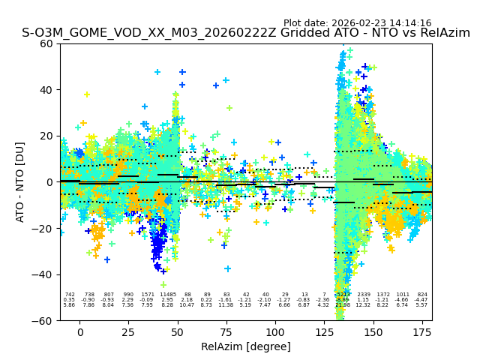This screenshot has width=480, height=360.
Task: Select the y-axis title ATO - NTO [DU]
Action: (20, 181)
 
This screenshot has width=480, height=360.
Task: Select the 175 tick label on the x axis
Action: (422, 331)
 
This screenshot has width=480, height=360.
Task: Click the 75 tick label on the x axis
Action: (226, 331)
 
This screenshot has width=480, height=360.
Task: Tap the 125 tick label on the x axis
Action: (325, 331)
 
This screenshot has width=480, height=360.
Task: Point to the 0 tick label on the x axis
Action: (79, 331)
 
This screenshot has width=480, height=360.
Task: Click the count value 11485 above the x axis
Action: (167, 295)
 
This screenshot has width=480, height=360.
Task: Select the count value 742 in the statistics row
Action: (70, 295)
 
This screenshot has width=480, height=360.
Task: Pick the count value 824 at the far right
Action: (422, 295)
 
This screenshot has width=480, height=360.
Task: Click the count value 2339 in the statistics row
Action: (364, 295)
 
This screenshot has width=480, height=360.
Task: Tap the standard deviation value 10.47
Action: (187, 305)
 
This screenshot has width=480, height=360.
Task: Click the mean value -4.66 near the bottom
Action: (403, 300)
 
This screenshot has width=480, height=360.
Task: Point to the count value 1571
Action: (148, 295)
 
